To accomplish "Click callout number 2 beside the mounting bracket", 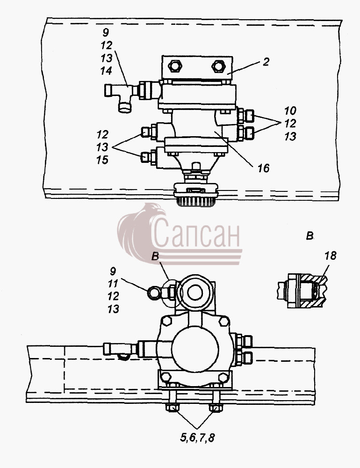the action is (x=266, y=62).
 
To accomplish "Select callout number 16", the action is (x=264, y=168).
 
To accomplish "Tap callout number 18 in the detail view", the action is (x=330, y=256).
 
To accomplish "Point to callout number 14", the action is (x=106, y=71).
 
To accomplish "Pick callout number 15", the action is (x=102, y=160).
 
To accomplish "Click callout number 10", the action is (x=290, y=111).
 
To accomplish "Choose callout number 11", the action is (x=113, y=284).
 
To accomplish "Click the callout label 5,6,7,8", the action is (x=197, y=438).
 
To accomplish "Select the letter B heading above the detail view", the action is (x=310, y=236).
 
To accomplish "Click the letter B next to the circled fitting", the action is (x=155, y=256).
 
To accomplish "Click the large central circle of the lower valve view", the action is (x=195, y=348).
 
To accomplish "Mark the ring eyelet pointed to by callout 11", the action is (x=154, y=292).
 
